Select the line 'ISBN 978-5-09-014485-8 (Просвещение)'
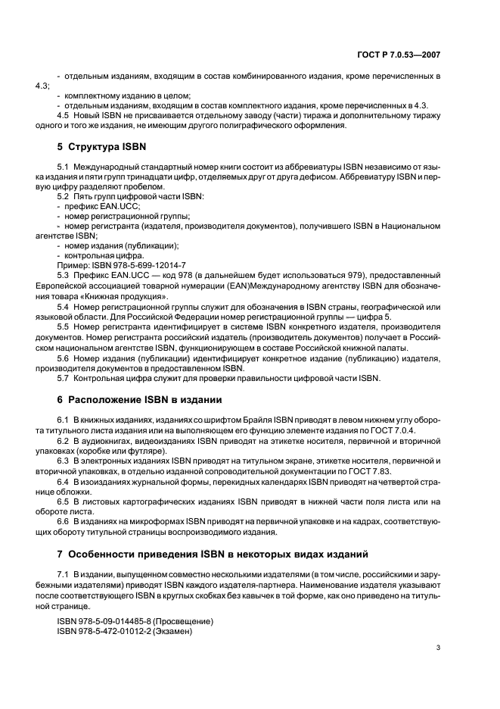135,621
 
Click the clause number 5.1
64,165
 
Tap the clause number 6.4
64,481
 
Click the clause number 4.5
64,115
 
